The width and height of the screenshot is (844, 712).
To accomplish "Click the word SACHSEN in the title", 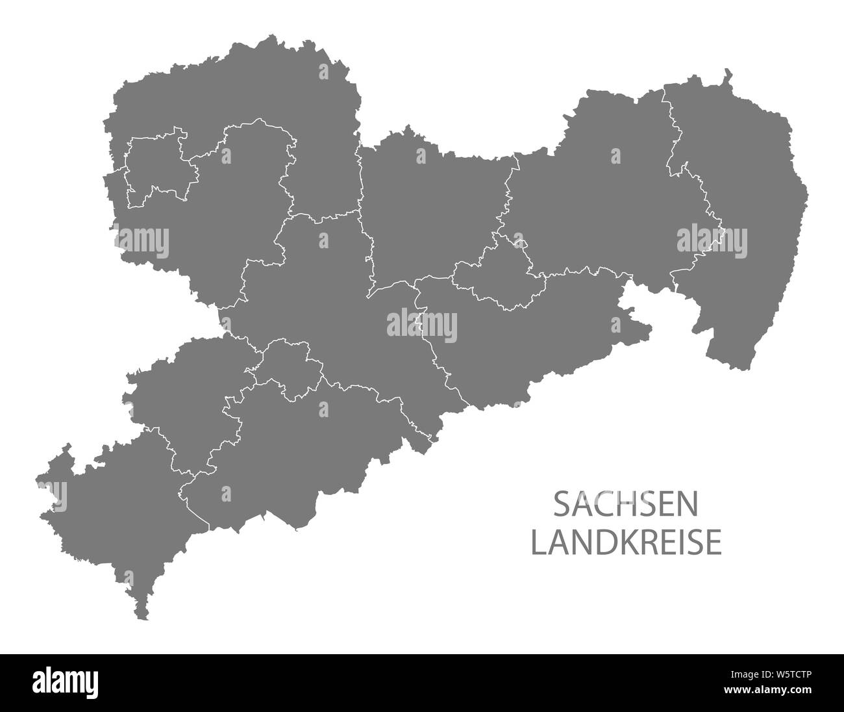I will pyautogui.click(x=627, y=505).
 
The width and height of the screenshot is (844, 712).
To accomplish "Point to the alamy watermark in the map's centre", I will pyautogui.click(x=422, y=325).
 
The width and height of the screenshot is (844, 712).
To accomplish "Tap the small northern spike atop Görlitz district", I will pyautogui.click(x=728, y=73).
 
